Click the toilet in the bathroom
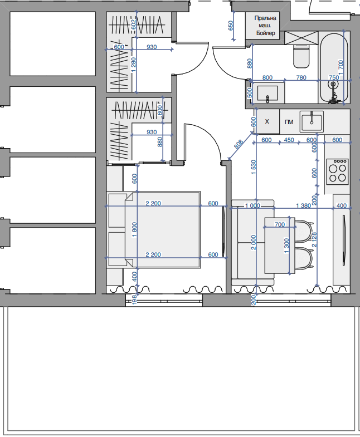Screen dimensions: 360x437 click(x=301, y=57)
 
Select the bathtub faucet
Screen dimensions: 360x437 click(x=333, y=92)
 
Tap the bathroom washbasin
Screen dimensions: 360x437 click(x=267, y=93)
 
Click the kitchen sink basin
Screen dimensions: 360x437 click(x=312, y=121)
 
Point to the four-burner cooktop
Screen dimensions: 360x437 click(x=337, y=171)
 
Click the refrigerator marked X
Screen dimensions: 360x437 click(x=267, y=121)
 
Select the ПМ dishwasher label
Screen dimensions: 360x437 click(x=289, y=122)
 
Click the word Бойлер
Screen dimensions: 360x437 click(x=266, y=33)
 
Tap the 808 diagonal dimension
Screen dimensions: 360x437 click(x=239, y=144)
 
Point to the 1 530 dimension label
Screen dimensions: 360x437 click(x=254, y=167)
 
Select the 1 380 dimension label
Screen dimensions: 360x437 click(x=303, y=205)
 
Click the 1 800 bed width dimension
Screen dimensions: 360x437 click(x=134, y=230)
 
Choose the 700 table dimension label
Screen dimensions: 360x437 click(x=280, y=224)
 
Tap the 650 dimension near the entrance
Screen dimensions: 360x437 click(x=231, y=26)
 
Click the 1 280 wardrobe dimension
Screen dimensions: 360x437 click(x=134, y=65)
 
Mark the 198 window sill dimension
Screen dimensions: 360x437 click(x=134, y=299)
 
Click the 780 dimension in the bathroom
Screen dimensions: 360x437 click(x=301, y=77)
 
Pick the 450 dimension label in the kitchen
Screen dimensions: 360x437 click(x=289, y=140)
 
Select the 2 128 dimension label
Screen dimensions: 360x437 click(x=314, y=240)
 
